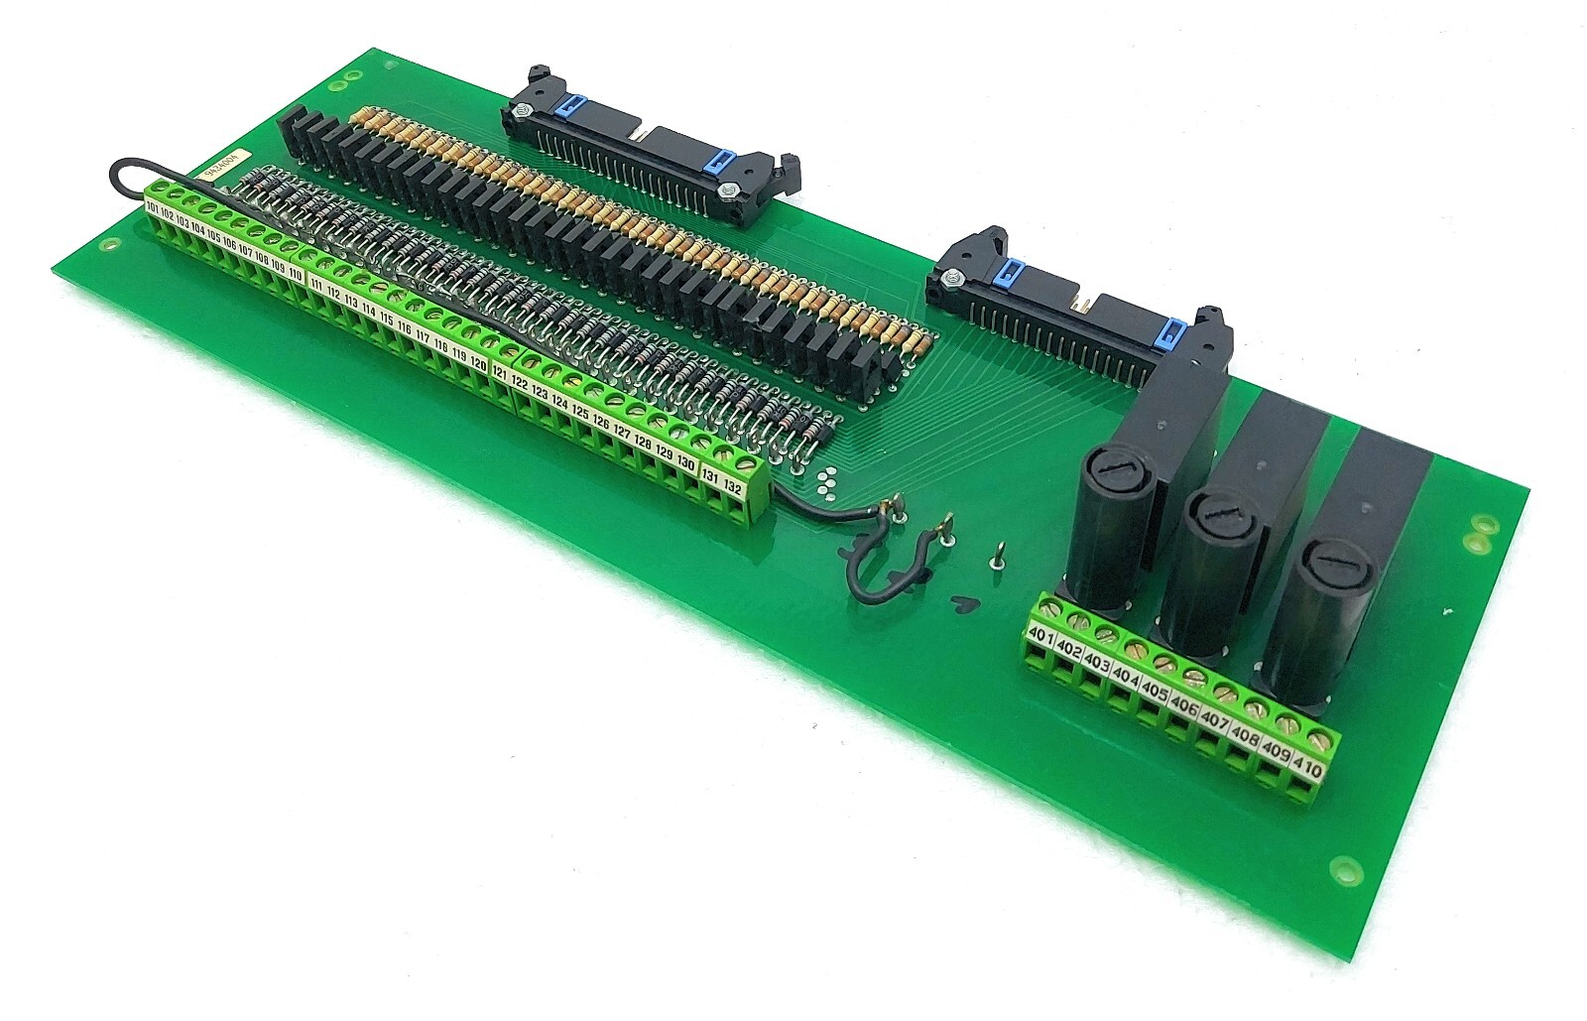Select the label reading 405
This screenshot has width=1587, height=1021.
(1154, 687)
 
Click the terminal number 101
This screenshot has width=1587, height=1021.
(153, 208)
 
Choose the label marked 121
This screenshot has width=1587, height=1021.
(500, 375)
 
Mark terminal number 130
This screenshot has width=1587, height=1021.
(685, 462)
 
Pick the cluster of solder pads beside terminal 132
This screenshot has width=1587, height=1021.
(825, 482)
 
